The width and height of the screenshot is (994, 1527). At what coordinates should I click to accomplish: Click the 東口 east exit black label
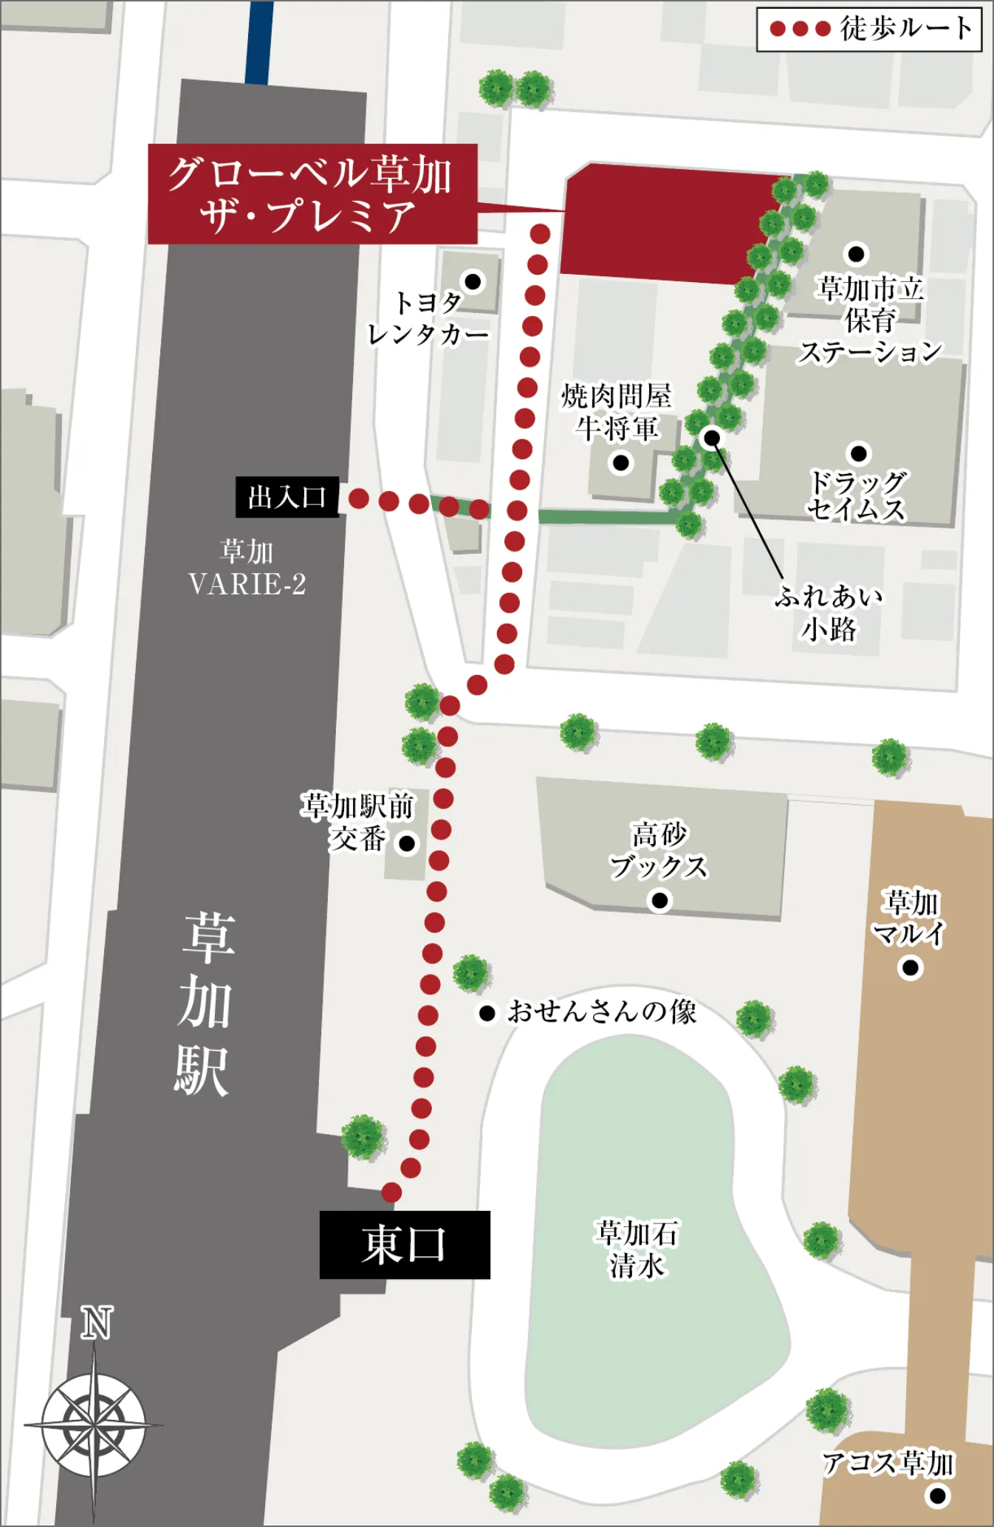coord(405,1244)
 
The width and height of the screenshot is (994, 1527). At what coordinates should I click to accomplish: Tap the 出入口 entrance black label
coord(287,497)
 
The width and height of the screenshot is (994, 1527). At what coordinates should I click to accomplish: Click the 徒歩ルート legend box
coord(869,29)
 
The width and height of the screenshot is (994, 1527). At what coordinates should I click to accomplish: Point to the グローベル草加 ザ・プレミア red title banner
coord(312,194)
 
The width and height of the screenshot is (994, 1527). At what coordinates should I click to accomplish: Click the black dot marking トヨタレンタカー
coord(473,281)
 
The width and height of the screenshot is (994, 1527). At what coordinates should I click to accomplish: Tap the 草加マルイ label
coord(910,918)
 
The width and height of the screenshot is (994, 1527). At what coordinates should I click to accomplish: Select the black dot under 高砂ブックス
coord(659,900)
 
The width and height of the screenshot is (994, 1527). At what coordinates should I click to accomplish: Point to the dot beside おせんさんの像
coord(487,1013)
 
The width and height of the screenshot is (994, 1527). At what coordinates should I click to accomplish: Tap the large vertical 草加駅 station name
coord(205,1004)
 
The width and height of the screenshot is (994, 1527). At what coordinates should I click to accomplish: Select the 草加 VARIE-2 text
coord(247,569)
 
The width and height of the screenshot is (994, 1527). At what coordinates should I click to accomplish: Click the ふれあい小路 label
coord(829,613)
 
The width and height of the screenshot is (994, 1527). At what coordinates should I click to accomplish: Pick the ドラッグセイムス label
coord(857,495)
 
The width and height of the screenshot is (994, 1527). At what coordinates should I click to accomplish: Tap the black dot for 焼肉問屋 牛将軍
coord(621,463)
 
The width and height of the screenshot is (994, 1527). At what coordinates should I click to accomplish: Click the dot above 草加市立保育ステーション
coord(856,254)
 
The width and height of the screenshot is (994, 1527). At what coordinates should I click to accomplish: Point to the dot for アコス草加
coord(938,1496)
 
